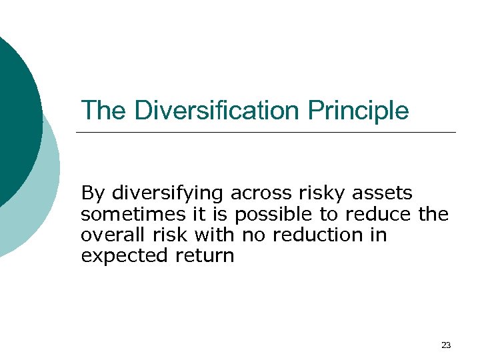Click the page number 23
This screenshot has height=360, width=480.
pos(446,345)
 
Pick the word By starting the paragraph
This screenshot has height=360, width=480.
pos(93,194)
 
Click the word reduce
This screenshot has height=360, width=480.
pos(378,214)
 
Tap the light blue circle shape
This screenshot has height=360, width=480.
pos(40,213)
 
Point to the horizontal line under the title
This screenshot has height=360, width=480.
pos(267,132)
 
